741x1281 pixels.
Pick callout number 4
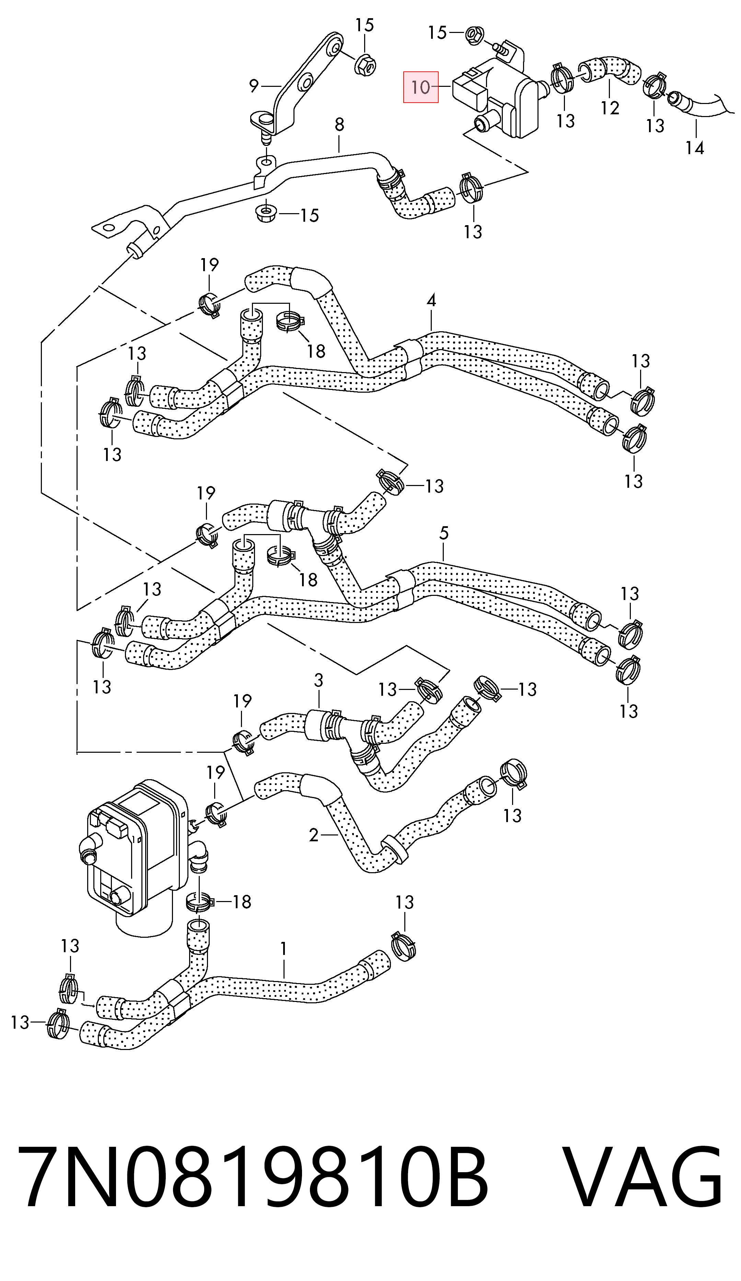(431, 300)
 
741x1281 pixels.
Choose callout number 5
(444, 533)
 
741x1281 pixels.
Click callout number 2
(314, 835)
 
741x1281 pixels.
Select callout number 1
(283, 948)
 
